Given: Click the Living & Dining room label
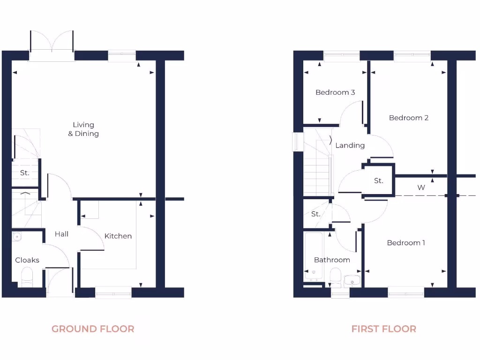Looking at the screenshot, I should click(83, 129).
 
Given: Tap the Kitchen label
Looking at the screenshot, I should click(118, 236).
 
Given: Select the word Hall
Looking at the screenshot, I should click(61, 234).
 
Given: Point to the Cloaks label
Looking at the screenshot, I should click(27, 260).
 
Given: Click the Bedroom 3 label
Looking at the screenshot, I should click(335, 92).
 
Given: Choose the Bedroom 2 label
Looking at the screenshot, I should click(409, 118).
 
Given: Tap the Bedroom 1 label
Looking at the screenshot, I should click(406, 243).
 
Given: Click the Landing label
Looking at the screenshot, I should click(350, 145).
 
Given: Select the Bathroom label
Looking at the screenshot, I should click(332, 260).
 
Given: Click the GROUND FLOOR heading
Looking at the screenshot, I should click(93, 329).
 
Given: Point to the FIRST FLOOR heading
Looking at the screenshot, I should click(383, 329).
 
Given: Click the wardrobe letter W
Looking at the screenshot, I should click(421, 187).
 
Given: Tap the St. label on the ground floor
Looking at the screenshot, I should click(25, 173).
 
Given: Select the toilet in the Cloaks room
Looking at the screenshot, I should click(27, 277).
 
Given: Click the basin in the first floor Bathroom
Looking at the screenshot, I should click(352, 280).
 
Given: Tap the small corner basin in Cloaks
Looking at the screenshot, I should click(17, 237).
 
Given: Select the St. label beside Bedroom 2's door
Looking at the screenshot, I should click(379, 180).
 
